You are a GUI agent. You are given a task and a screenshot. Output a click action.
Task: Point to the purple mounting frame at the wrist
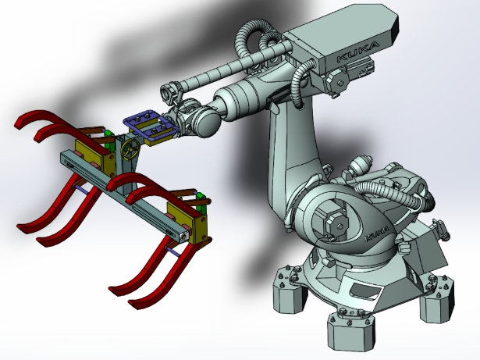click(x=148, y=125)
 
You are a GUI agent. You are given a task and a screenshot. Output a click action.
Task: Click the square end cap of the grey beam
click(x=180, y=233)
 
